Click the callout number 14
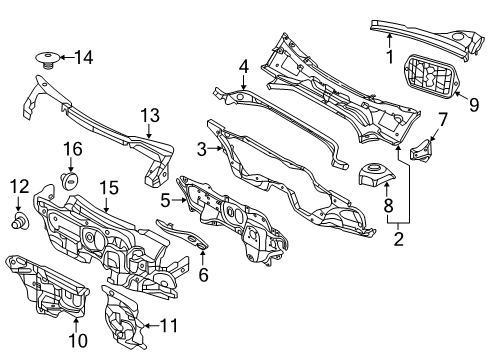pos(84,57)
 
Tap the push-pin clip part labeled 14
pos(48,60)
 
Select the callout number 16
pos(73,149)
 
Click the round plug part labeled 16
pos(69,180)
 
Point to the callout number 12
pos(20,186)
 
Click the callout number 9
pos(474,105)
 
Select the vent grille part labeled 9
pos(432,76)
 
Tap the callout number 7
pos(442,119)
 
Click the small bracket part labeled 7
pos(421,152)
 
